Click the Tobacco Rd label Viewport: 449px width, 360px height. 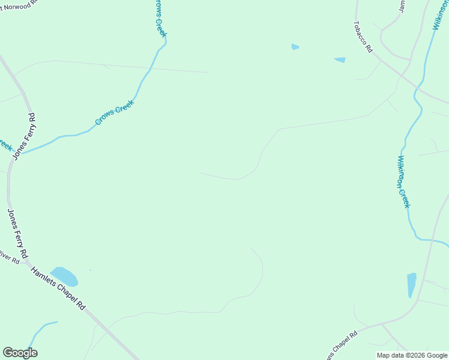(363, 37)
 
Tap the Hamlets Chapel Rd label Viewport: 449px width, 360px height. (58, 289)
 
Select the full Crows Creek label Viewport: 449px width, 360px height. (115, 112)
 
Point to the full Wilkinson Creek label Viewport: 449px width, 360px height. (403, 182)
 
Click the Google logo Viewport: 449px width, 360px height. (20, 353)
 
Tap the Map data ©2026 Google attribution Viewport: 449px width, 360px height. (412, 355)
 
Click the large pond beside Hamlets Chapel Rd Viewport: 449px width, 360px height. (64, 277)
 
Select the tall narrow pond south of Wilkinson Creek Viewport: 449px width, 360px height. (411, 285)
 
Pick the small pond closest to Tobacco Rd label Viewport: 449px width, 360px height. (340, 60)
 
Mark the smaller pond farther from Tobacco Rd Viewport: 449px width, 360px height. (295, 47)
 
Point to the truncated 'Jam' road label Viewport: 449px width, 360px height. (402, 6)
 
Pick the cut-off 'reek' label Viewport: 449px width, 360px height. (5, 145)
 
